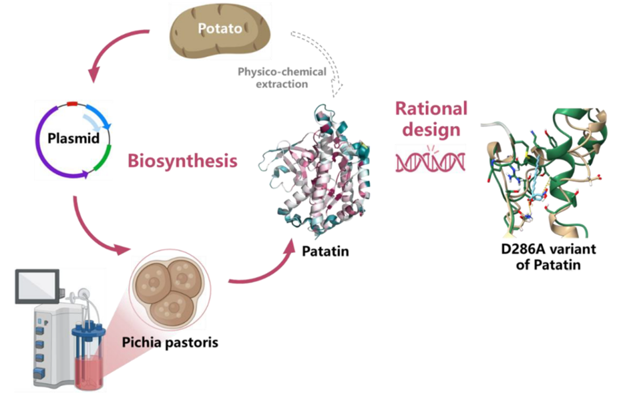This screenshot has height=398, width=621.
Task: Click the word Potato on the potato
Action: (x=220, y=29)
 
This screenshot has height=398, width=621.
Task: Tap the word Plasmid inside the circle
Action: (x=74, y=138)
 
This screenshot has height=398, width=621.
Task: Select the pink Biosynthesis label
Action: (x=182, y=161)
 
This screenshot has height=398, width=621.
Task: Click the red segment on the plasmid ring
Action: (x=72, y=104)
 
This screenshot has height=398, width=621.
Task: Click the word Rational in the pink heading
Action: (x=431, y=109)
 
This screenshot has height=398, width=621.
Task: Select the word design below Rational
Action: (x=431, y=130)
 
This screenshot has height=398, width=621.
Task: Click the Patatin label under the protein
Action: (x=325, y=251)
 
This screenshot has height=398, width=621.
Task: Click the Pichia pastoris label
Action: (x=170, y=343)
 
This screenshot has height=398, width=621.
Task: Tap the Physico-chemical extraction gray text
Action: (x=282, y=78)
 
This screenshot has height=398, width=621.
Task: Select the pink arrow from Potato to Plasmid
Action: (x=110, y=49)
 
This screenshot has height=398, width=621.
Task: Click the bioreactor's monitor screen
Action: (x=37, y=285)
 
